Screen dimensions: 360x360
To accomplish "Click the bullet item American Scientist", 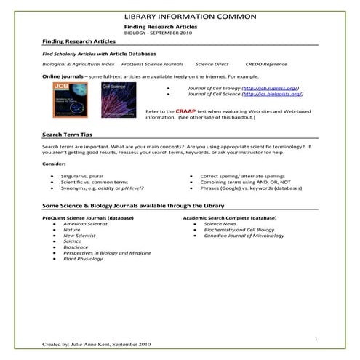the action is coord(85,225).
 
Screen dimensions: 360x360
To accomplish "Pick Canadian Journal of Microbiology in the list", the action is coord(235,236).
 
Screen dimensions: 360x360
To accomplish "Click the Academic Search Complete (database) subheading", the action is coord(230,217).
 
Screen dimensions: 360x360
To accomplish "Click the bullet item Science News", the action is coord(212,225).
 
